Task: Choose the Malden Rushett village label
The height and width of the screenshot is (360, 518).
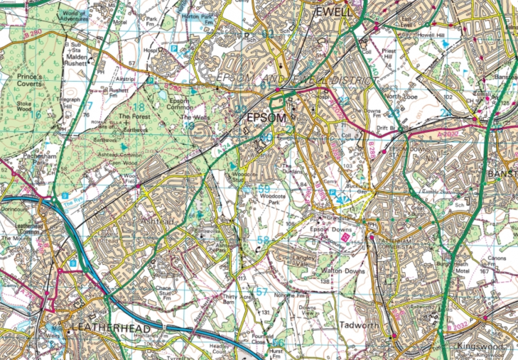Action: coord(76,57)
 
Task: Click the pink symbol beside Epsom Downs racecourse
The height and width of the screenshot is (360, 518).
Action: coord(345,238)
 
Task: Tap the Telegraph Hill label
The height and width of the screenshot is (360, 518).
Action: coord(71,104)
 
